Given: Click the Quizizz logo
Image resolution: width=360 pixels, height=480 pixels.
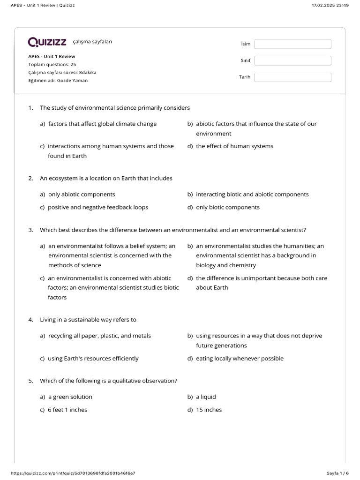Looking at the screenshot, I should click(x=47, y=43).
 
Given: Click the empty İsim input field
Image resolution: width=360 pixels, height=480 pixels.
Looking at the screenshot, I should click(x=292, y=44).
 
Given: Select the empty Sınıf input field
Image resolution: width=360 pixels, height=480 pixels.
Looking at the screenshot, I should click(x=292, y=60).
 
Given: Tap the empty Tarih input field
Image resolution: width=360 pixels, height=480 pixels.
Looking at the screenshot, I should click(x=292, y=77).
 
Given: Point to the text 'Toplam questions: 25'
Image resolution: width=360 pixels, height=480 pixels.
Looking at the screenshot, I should click(x=52, y=64).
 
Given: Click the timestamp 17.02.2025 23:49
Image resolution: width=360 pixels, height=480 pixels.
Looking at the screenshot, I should click(x=330, y=5).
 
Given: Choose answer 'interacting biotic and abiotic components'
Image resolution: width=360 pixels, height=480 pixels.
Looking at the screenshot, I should click(x=252, y=195).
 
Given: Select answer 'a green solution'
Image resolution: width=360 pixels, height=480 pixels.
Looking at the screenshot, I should click(x=70, y=397).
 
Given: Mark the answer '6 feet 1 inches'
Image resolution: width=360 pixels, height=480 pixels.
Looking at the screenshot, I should click(x=67, y=410).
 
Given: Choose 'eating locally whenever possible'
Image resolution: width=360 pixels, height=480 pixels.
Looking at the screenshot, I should click(x=240, y=359).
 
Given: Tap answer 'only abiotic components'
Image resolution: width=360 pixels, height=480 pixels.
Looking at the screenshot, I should click(x=82, y=195).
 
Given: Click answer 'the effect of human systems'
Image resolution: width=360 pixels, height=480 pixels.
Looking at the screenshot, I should click(x=234, y=146).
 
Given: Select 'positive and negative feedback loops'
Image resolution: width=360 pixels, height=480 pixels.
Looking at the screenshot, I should click(x=97, y=208).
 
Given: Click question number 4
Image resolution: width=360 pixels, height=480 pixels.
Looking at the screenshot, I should click(x=30, y=320).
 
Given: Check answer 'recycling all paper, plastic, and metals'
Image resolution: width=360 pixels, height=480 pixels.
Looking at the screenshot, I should click(x=99, y=336).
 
